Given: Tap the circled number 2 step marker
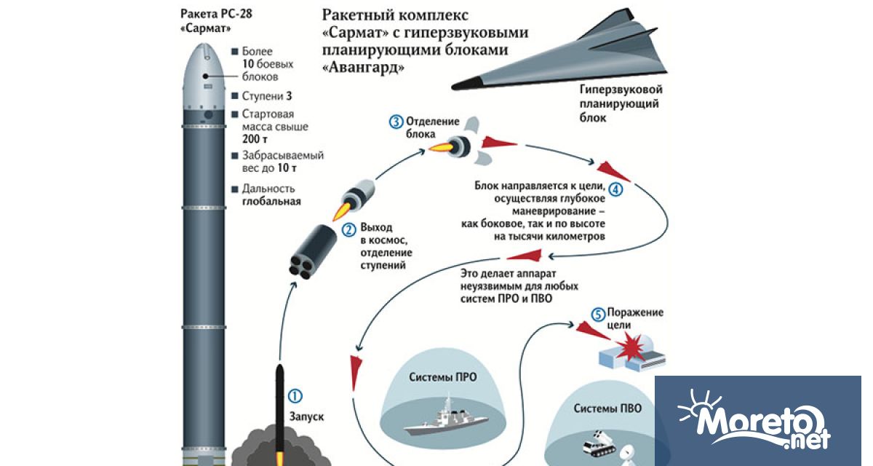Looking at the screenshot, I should coord(349,229).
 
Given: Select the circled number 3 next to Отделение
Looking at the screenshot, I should coord(396,122).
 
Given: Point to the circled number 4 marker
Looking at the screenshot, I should coord(616,190).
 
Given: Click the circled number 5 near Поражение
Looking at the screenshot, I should coord(598,315).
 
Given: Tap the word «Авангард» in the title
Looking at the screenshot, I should coord(361,67).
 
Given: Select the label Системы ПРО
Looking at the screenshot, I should coord(442,377).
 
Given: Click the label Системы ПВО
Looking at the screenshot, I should coord(607,408).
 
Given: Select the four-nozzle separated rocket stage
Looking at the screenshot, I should coord(310,252).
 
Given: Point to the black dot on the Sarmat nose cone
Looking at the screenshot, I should coord(204,75).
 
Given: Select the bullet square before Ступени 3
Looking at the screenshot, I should coord(235,96).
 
